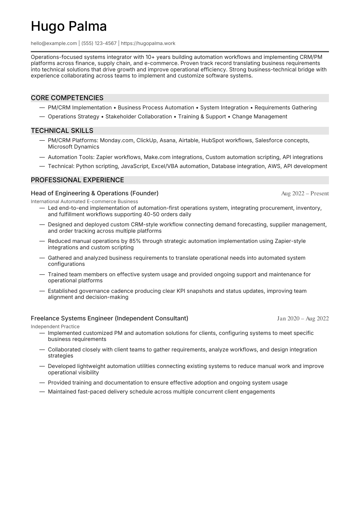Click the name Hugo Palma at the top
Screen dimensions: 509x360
click(69, 26)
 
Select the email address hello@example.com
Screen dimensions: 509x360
click(54, 43)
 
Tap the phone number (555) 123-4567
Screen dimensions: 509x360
click(99, 43)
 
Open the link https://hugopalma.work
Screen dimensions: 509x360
click(148, 43)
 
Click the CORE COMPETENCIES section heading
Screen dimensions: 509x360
click(67, 98)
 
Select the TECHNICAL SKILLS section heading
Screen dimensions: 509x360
click(62, 131)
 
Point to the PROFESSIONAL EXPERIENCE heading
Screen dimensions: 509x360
click(77, 180)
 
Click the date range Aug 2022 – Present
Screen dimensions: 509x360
click(305, 194)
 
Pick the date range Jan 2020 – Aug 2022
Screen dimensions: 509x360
click(303, 319)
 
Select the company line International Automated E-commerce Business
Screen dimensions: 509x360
click(84, 201)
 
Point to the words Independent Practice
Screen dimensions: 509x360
click(55, 326)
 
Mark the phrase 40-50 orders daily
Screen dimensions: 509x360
click(167, 214)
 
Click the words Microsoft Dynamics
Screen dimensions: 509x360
click(73, 147)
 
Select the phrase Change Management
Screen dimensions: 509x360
click(260, 117)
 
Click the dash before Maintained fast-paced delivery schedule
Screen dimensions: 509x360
click(42, 392)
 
